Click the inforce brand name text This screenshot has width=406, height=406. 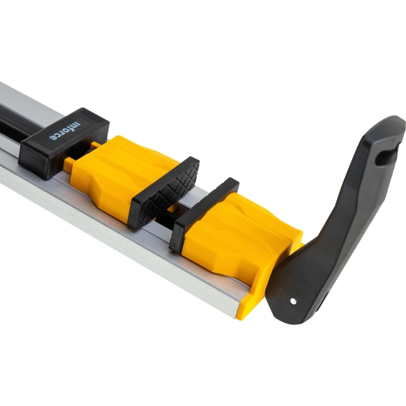point(65,131)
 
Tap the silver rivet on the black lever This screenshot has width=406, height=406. point(293,301)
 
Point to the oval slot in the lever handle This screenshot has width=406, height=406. point(385,157)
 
